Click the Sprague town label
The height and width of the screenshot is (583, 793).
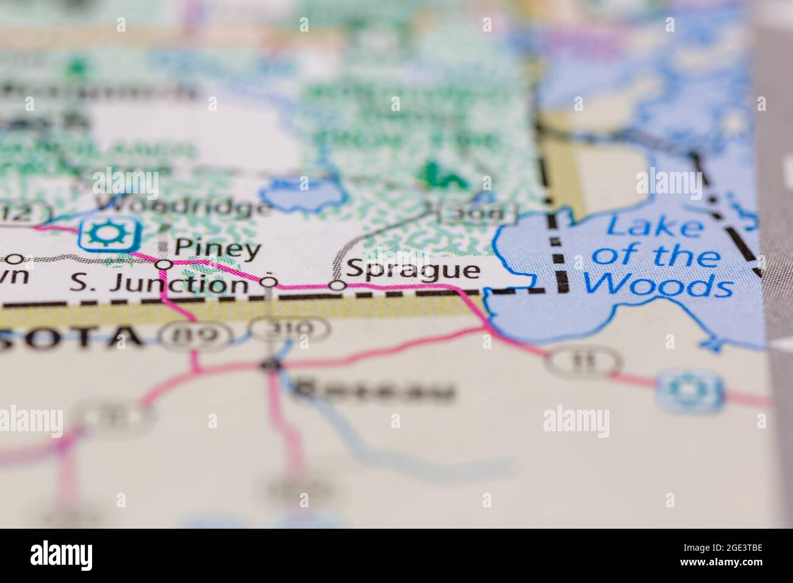(x=412, y=269)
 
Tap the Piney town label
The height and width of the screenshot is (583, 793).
(x=218, y=248)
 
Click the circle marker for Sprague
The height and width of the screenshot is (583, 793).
(x=337, y=285)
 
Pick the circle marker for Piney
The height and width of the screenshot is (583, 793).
(x=163, y=264)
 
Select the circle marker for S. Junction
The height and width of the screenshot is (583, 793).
(x=269, y=282)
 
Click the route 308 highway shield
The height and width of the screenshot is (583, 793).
(x=478, y=213)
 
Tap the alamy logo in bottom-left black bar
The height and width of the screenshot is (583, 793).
(x=61, y=555)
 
